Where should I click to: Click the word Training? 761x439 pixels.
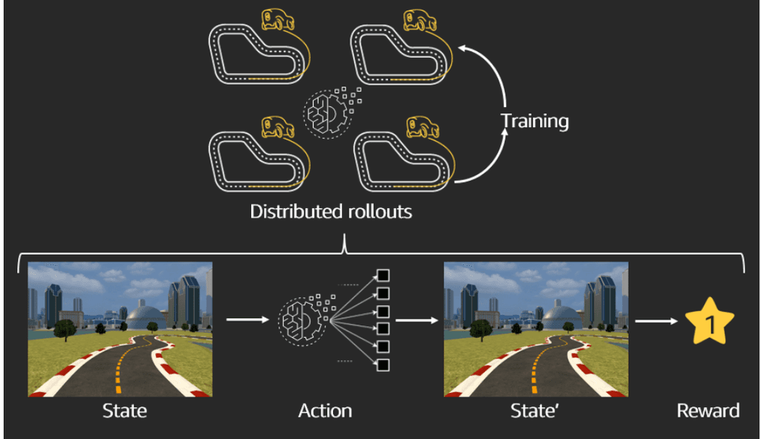(534, 121)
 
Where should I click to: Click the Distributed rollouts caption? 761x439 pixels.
(331, 212)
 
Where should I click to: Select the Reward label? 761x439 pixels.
(708, 410)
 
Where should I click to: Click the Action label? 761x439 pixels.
(325, 410)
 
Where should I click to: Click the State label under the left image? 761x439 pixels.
(124, 410)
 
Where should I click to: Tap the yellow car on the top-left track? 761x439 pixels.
(276, 20)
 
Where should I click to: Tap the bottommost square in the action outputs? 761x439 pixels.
(383, 365)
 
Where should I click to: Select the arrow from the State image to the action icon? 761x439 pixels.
(246, 320)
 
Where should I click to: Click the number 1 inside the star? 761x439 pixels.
(709, 325)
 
